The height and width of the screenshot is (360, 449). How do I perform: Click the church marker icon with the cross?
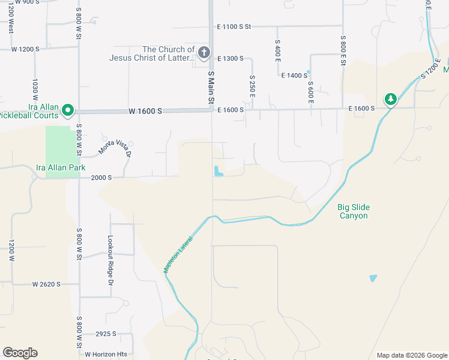203,53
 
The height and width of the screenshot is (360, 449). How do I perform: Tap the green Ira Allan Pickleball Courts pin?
68,110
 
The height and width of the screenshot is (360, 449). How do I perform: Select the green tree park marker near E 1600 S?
391,99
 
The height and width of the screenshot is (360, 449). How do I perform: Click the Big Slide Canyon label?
352,211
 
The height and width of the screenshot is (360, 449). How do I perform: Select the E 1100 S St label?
234,27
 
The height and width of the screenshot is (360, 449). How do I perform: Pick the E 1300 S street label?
231,59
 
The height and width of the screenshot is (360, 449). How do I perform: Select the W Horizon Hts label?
106,354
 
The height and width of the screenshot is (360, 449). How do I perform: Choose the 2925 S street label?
106,334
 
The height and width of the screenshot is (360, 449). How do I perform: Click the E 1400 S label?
294,76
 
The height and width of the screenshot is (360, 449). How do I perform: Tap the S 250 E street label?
252,87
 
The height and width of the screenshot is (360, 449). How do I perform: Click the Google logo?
20,353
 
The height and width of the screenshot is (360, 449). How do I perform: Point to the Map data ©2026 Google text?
411,355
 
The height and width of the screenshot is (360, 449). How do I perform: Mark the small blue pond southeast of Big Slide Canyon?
373,278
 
